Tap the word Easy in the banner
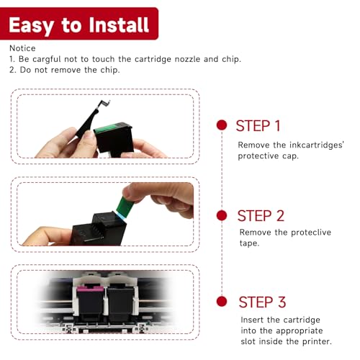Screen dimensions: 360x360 (32, 26)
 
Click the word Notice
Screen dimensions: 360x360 (22, 48)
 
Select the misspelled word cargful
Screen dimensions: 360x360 (47, 60)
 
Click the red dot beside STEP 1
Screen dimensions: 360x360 (222, 125)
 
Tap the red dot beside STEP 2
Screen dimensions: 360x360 (222, 215)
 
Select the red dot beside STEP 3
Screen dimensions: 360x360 (222, 301)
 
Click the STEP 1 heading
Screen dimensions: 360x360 (258, 126)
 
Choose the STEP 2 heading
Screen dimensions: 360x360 (261, 216)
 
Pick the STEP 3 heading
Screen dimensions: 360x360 (262, 302)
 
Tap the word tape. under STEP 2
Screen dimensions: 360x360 (249, 243)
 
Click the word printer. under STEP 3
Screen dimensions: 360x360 (317, 341)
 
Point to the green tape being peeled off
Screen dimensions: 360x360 (125, 207)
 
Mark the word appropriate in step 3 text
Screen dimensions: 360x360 (299, 331)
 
